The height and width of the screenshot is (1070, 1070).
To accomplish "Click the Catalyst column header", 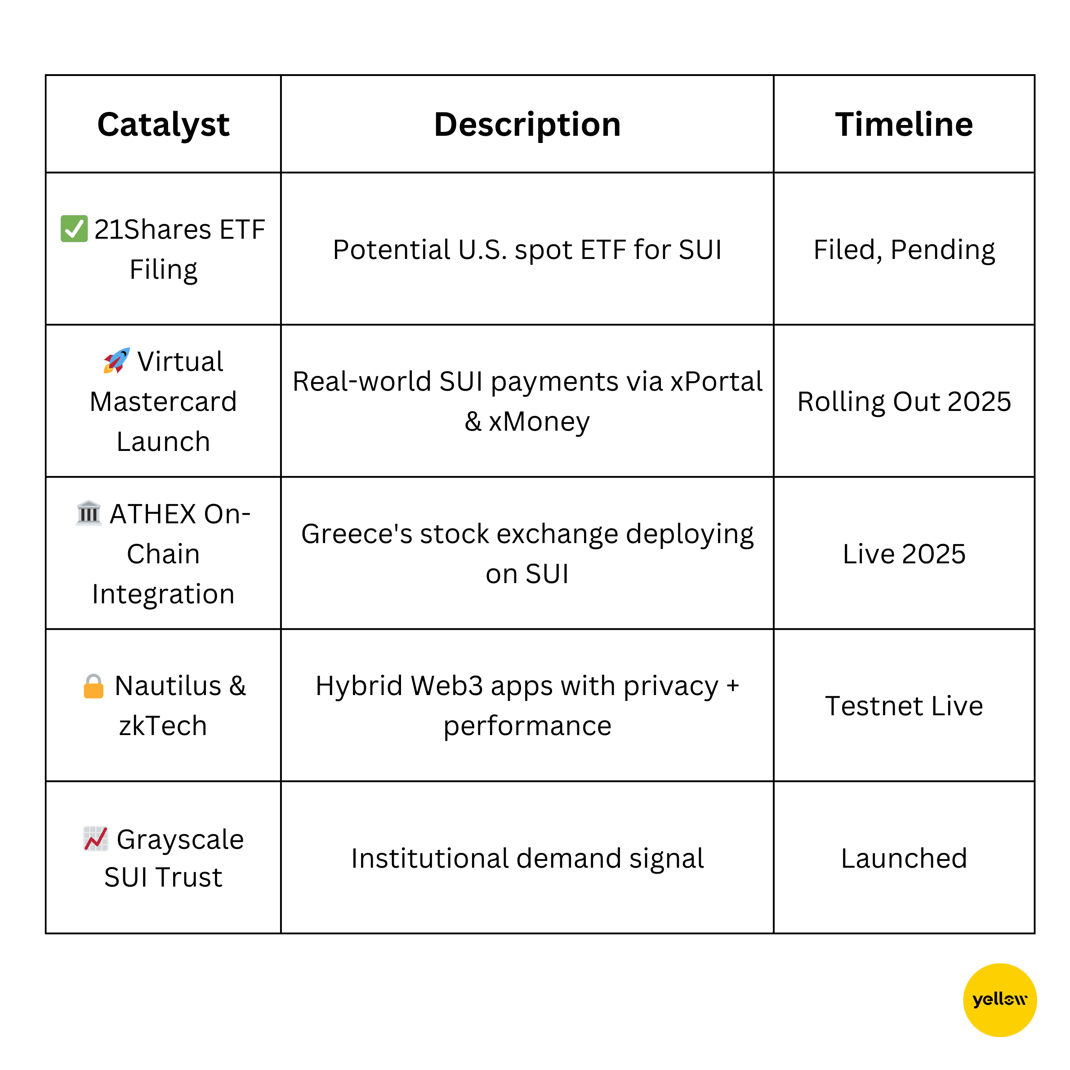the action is point(163,125).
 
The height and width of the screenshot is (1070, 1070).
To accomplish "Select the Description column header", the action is point(527,125).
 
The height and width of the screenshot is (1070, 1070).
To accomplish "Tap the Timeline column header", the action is point(903,124).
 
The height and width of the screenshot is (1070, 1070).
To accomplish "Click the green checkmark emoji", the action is point(74,229).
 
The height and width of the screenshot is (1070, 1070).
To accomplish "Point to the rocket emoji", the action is point(116,361).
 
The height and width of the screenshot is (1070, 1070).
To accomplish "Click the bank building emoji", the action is point(89,513).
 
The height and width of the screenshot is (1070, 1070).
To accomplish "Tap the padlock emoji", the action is point(94,686).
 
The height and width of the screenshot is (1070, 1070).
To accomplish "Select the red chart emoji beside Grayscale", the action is point(95,838).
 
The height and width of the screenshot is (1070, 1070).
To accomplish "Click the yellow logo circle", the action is point(1000,1000).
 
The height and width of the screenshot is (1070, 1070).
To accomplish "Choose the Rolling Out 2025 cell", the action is point(904,401).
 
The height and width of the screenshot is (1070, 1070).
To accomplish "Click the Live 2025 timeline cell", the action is point(904,554).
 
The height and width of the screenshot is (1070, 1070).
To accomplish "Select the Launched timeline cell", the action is point(904,858).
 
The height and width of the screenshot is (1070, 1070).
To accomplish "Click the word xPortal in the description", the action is point(716,382).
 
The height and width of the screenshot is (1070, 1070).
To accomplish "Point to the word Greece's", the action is point(356,534).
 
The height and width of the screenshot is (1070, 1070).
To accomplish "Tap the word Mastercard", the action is point(163,401).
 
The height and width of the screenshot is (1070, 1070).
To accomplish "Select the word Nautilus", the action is point(168,686).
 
